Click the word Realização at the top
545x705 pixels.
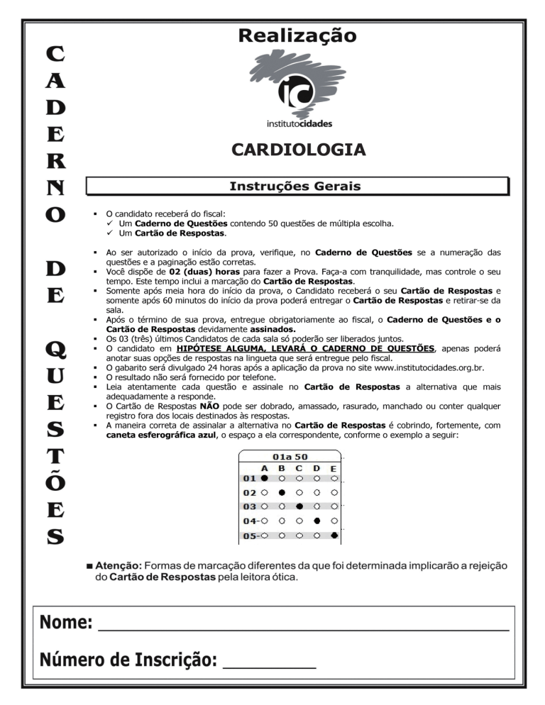tap(298, 35)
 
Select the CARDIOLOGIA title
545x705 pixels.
tap(298, 150)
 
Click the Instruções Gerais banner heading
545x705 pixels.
tap(295, 187)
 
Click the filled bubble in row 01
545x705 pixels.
tap(265, 478)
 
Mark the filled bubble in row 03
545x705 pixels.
tap(299, 506)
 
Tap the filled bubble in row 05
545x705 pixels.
tap(334, 535)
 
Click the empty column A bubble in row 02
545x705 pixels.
tap(265, 492)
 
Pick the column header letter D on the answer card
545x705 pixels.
tap(316, 468)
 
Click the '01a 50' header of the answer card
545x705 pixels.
tap(290, 457)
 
